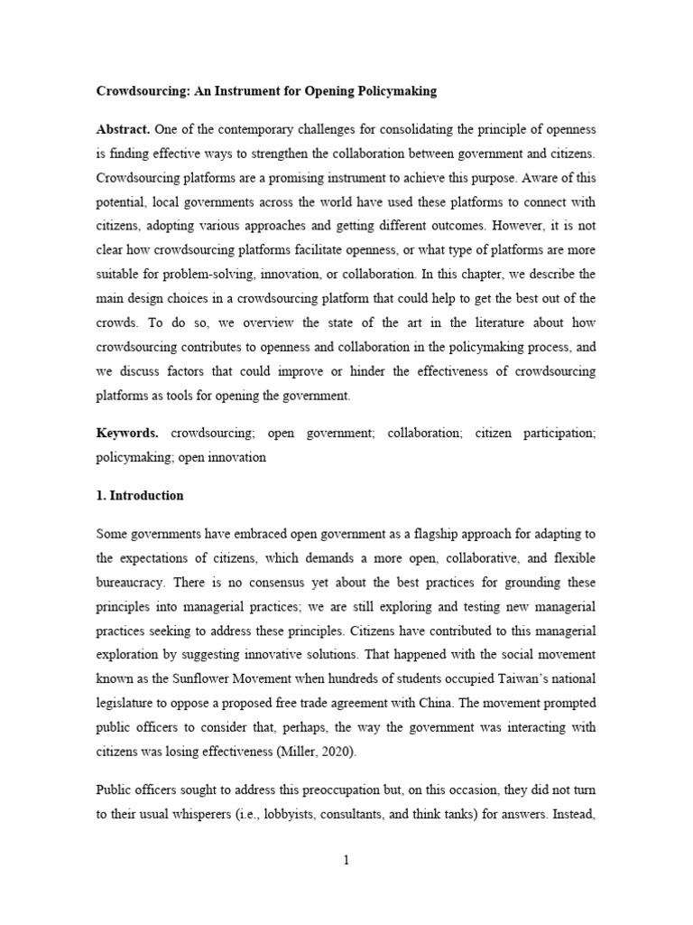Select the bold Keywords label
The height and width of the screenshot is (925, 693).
(x=127, y=434)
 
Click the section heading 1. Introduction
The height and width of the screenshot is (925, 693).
(x=140, y=495)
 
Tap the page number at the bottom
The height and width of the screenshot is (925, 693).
(x=346, y=860)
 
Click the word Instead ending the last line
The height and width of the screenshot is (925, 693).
(x=573, y=814)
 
